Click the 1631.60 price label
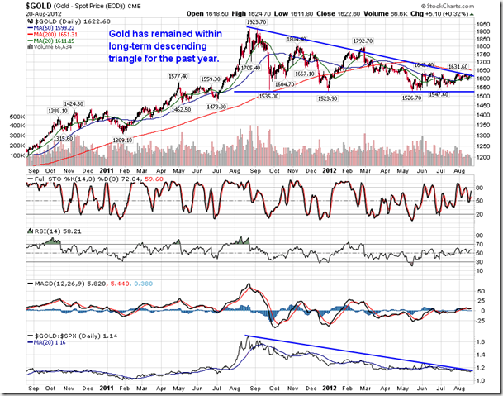pyautogui.click(x=459, y=68)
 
